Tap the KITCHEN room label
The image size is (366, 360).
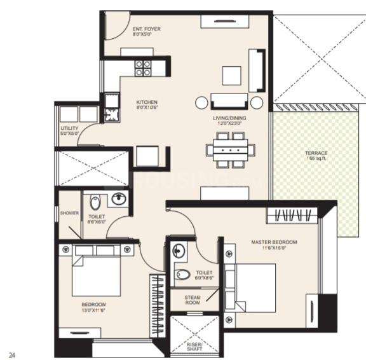coord(147,105)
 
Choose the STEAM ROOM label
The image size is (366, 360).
coord(193,300)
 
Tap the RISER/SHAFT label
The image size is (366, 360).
coord(193,348)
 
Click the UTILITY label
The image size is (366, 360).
coord(69,131)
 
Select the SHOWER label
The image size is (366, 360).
coord(69,213)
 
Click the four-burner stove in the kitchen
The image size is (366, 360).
coord(143,67)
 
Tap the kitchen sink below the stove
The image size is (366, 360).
coord(112,115)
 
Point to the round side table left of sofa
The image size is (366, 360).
coord(202,102)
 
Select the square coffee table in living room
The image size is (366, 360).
coord(231,76)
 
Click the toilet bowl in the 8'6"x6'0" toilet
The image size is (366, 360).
coord(95,204)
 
